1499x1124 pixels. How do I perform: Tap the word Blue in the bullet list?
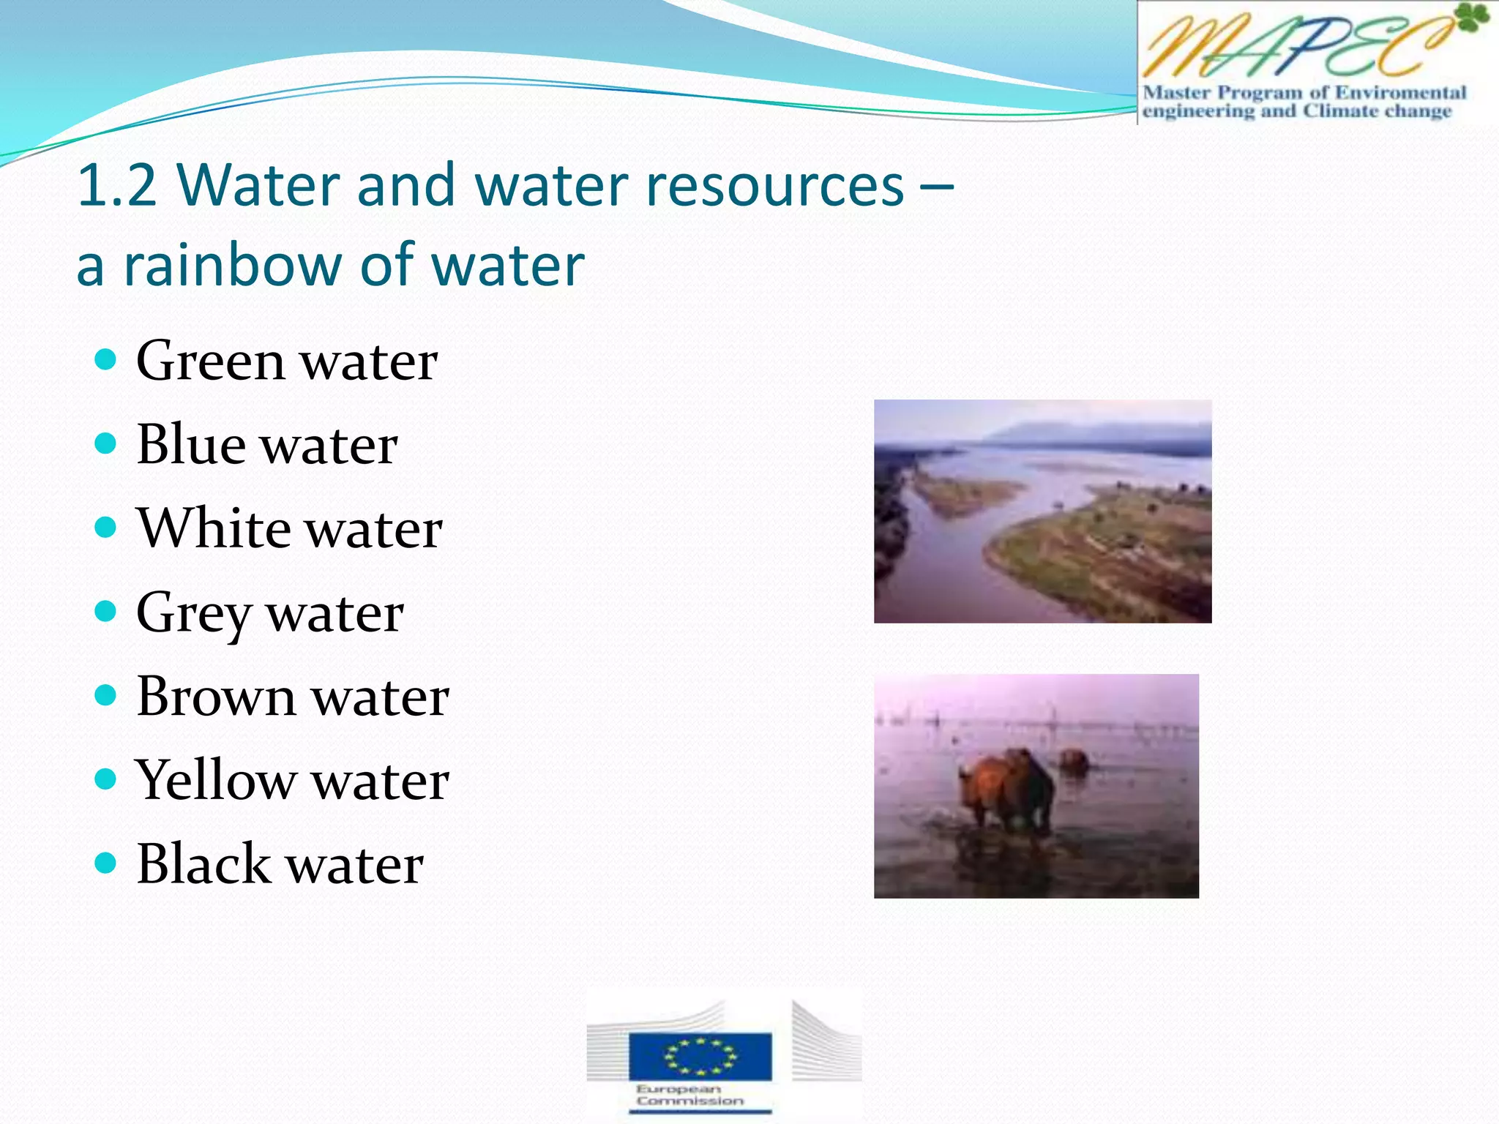(190, 444)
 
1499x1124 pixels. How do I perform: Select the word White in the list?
(213, 528)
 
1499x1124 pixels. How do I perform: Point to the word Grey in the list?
(193, 613)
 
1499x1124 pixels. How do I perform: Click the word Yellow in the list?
(214, 780)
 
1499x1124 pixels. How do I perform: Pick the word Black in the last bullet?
(203, 863)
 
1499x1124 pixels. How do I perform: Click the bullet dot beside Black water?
(106, 863)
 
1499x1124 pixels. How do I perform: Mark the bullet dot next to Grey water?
(106, 611)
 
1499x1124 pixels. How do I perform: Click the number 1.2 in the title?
(117, 185)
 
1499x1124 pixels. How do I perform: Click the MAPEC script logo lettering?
(1288, 48)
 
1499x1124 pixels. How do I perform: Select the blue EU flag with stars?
(700, 1055)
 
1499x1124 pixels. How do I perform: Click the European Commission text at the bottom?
(689, 1095)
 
